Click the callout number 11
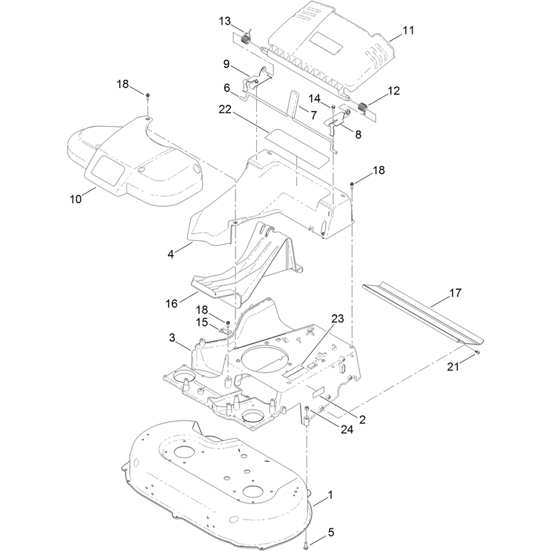(408, 30)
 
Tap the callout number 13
(225, 21)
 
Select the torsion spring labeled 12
(363, 107)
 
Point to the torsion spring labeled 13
(247, 37)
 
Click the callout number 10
(76, 199)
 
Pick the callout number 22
(225, 110)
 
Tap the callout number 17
(455, 292)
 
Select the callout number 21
(453, 366)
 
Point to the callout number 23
(337, 318)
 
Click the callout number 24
(346, 429)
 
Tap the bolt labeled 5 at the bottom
(306, 541)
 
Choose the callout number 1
(330, 495)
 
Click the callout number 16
(171, 304)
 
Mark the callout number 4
(171, 254)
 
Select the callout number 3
(171, 337)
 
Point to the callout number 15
(202, 322)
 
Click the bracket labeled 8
(337, 121)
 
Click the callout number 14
(314, 98)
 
